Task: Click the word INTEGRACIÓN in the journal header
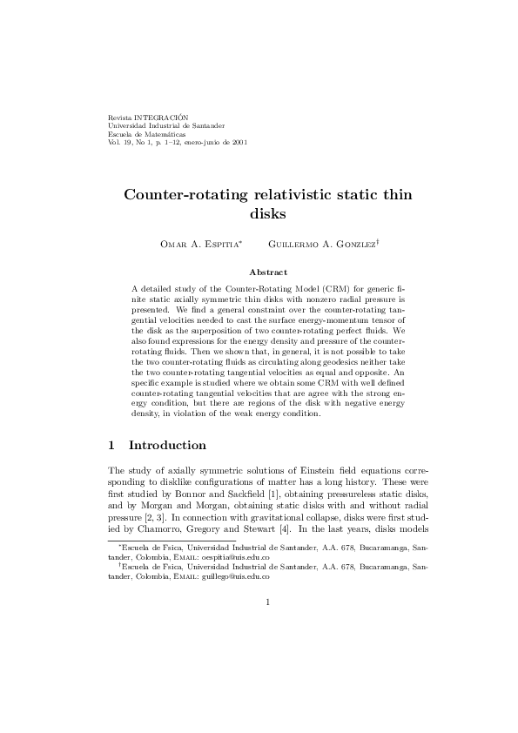click(x=165, y=116)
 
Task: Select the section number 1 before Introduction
click(x=111, y=445)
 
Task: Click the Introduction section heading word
click(x=167, y=445)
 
